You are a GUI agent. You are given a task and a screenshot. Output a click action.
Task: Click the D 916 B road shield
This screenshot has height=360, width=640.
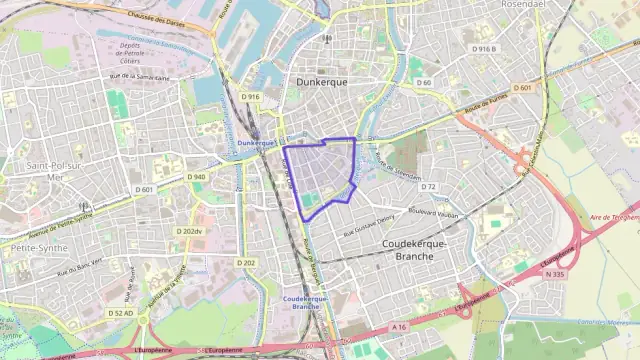(484, 48)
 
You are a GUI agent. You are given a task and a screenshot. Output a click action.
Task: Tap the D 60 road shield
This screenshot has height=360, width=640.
(423, 82)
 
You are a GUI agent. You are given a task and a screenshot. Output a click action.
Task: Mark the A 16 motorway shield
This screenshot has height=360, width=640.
(400, 327)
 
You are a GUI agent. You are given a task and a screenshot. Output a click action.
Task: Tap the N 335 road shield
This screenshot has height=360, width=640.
(557, 273)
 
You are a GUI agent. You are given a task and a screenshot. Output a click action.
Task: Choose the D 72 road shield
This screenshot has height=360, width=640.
(429, 187)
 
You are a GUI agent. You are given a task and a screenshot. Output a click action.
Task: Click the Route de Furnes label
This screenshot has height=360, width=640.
(478, 98)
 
